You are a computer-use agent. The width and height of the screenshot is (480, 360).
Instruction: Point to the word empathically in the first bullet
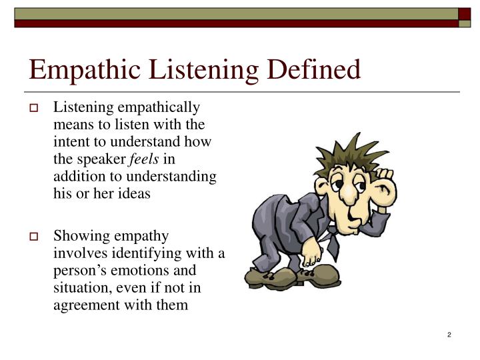159,107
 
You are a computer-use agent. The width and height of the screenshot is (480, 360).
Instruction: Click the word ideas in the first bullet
134,194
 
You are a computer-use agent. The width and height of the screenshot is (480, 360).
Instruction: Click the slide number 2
449,334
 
